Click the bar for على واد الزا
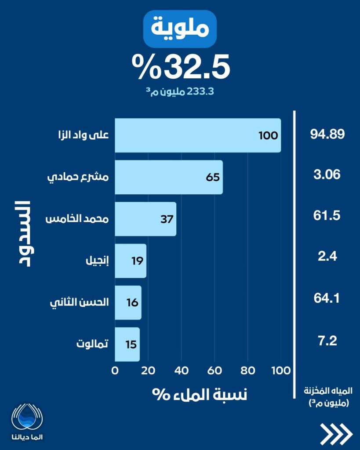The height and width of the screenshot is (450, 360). [x=198, y=135]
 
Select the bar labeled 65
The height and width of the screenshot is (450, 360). [x=169, y=177]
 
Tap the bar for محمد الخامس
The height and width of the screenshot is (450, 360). [x=145, y=219]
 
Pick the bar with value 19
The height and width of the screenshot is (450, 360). [x=130, y=261]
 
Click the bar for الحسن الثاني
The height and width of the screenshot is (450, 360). [x=128, y=303]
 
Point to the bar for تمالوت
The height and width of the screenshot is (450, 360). [x=127, y=344]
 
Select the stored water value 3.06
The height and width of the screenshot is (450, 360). [x=327, y=175]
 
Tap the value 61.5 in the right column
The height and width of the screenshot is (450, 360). [x=327, y=216]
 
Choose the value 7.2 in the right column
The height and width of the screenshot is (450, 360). [x=327, y=341]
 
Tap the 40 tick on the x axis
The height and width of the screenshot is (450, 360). [x=182, y=370]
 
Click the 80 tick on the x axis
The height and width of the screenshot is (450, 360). [x=248, y=370]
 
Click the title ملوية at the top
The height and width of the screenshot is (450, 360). [x=180, y=29]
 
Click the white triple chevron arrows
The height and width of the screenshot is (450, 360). [x=336, y=434]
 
